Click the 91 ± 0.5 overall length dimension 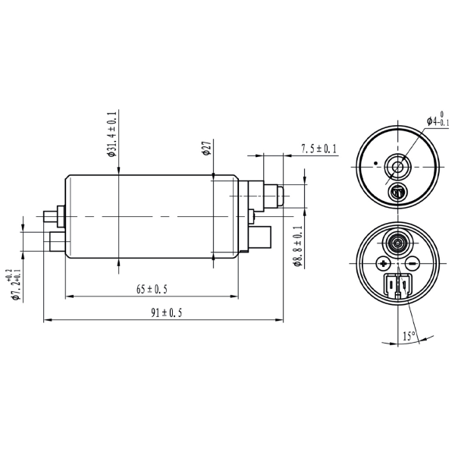(x=167, y=313)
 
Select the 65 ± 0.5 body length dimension (x=152, y=290)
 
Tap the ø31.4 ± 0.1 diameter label (x=111, y=134)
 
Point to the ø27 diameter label (x=207, y=149)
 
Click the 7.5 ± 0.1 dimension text (x=318, y=149)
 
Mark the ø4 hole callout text (x=438, y=119)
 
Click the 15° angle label (x=409, y=336)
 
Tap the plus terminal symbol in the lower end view (x=383, y=263)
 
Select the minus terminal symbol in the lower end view (x=412, y=263)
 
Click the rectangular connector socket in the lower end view (x=397, y=286)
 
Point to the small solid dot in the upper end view (x=376, y=163)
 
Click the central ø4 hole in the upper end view (x=397, y=167)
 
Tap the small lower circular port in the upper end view (x=398, y=192)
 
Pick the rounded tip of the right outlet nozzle (x=281, y=196)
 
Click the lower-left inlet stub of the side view (x=57, y=242)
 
